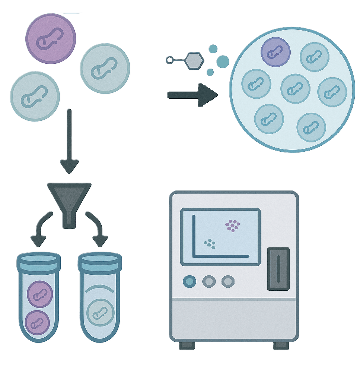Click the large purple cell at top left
coord(51,39)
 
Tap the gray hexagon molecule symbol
coord(195,60)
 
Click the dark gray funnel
coord(69,201)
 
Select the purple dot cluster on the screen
coord(233,225)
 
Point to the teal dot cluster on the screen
coord(210,244)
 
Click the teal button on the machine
coord(189,281)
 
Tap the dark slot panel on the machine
coord(278,268)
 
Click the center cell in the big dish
coord(295,89)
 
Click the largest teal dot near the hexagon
coord(223,61)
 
